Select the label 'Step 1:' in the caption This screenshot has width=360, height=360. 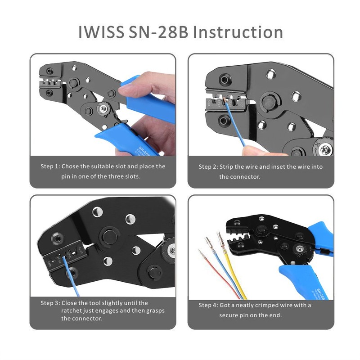(x=50, y=166)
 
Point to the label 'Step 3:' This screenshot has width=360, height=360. (x=50, y=303)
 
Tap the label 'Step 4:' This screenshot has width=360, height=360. (x=208, y=305)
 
